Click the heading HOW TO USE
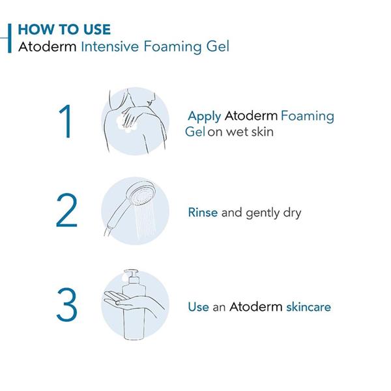(65, 29)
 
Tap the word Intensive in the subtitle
(110, 47)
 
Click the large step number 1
(66, 121)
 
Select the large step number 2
(66, 210)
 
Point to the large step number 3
(66, 304)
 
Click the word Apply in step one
(205, 117)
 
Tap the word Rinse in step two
(203, 212)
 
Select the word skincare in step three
(308, 307)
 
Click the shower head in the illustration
(140, 194)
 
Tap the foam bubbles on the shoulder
(126, 124)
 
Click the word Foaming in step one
(308, 117)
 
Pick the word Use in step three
(199, 307)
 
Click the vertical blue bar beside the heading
(10, 38)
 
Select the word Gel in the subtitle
(218, 47)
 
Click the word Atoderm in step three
(256, 306)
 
